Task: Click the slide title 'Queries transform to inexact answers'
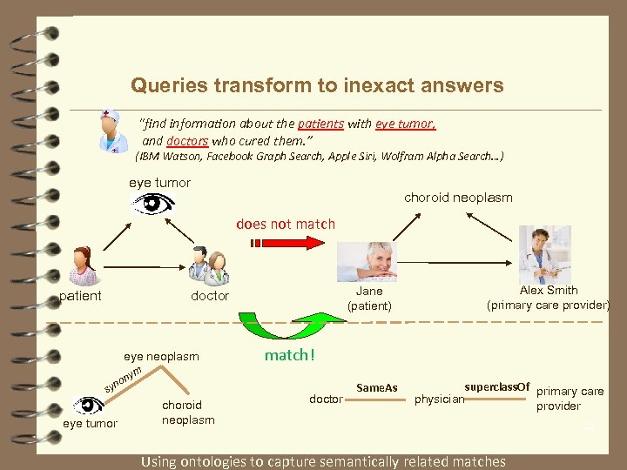click(317, 85)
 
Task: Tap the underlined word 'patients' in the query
click(320, 124)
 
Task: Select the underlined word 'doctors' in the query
click(187, 140)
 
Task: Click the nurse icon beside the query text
click(112, 131)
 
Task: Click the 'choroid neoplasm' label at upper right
click(458, 198)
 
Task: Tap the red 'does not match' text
click(286, 224)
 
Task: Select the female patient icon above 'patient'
click(84, 266)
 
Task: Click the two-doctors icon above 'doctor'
click(210, 266)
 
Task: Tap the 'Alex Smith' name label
click(549, 291)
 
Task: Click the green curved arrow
click(277, 326)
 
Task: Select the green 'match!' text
click(289, 355)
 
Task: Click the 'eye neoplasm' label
click(161, 356)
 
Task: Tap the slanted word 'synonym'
click(123, 378)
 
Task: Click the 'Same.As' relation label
click(377, 387)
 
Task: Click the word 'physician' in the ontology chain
click(439, 399)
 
